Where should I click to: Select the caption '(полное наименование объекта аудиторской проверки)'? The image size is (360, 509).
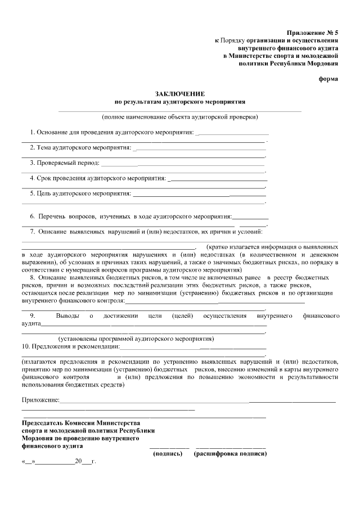pyautogui.click(x=180, y=118)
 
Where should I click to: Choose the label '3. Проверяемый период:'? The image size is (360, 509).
pyautogui.click(x=65, y=163)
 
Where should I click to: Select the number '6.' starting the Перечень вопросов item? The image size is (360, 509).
pyautogui.click(x=33, y=216)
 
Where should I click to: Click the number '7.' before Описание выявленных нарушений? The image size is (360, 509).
pyautogui.click(x=33, y=231)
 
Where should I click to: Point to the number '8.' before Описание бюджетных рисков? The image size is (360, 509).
pyautogui.click(x=33, y=277)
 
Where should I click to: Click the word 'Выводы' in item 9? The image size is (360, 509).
pyautogui.click(x=69, y=316)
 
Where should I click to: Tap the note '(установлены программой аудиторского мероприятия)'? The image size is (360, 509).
pyautogui.click(x=136, y=339)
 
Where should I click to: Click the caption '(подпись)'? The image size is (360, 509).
pyautogui.click(x=167, y=453)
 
